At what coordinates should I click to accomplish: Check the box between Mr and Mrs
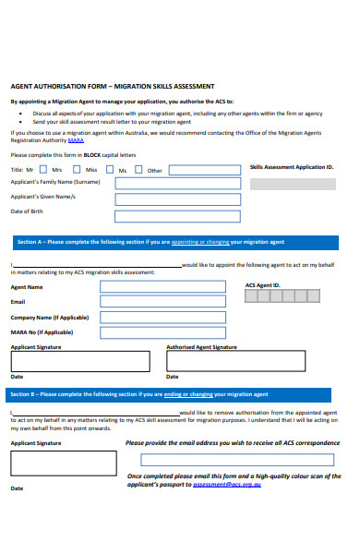point(42,170)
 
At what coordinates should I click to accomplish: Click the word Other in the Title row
point(155,171)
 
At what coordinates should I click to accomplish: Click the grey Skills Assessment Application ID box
point(293,183)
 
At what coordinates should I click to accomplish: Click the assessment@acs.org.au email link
point(227,484)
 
